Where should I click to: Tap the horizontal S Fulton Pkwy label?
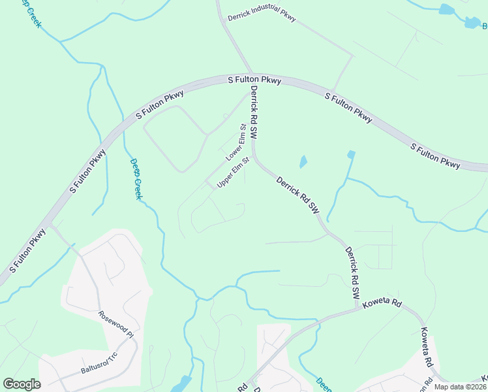(254, 80)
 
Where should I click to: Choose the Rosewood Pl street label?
(115, 322)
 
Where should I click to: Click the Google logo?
(22, 384)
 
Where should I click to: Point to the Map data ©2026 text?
(461, 386)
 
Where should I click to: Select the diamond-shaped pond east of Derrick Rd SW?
(303, 161)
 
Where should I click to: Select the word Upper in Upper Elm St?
(224, 180)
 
